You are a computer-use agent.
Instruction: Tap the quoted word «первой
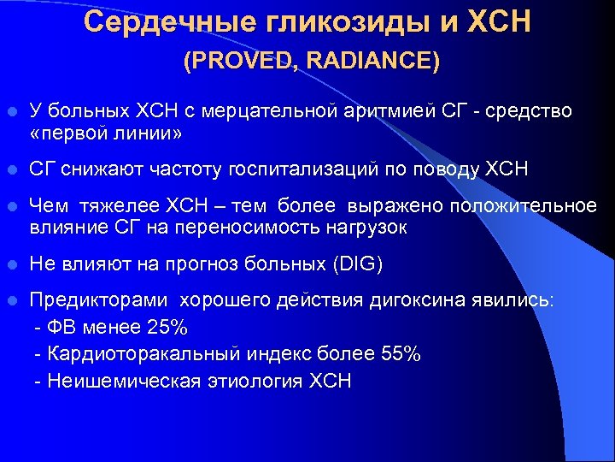pos(65,134)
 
